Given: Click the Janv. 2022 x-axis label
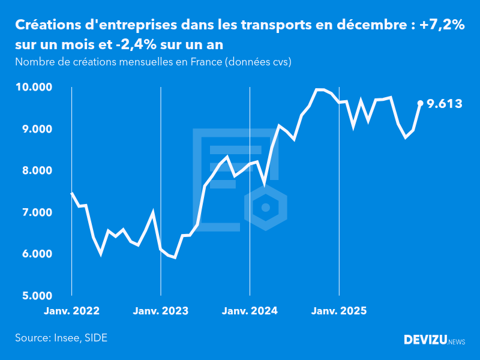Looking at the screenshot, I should click(71, 311).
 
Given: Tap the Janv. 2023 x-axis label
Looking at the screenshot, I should click(160, 311).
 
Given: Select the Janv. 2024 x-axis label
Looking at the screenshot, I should click(250, 311).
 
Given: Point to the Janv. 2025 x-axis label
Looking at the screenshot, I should click(339, 311).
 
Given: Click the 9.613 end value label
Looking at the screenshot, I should click(445, 104).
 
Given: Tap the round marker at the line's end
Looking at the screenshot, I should click(420, 103).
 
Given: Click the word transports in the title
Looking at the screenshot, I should click(272, 25).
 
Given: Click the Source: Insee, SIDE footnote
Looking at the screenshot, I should click(61, 338).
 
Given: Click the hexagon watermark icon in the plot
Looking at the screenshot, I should click(265, 208).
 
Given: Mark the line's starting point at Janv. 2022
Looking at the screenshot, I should click(72, 193).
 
